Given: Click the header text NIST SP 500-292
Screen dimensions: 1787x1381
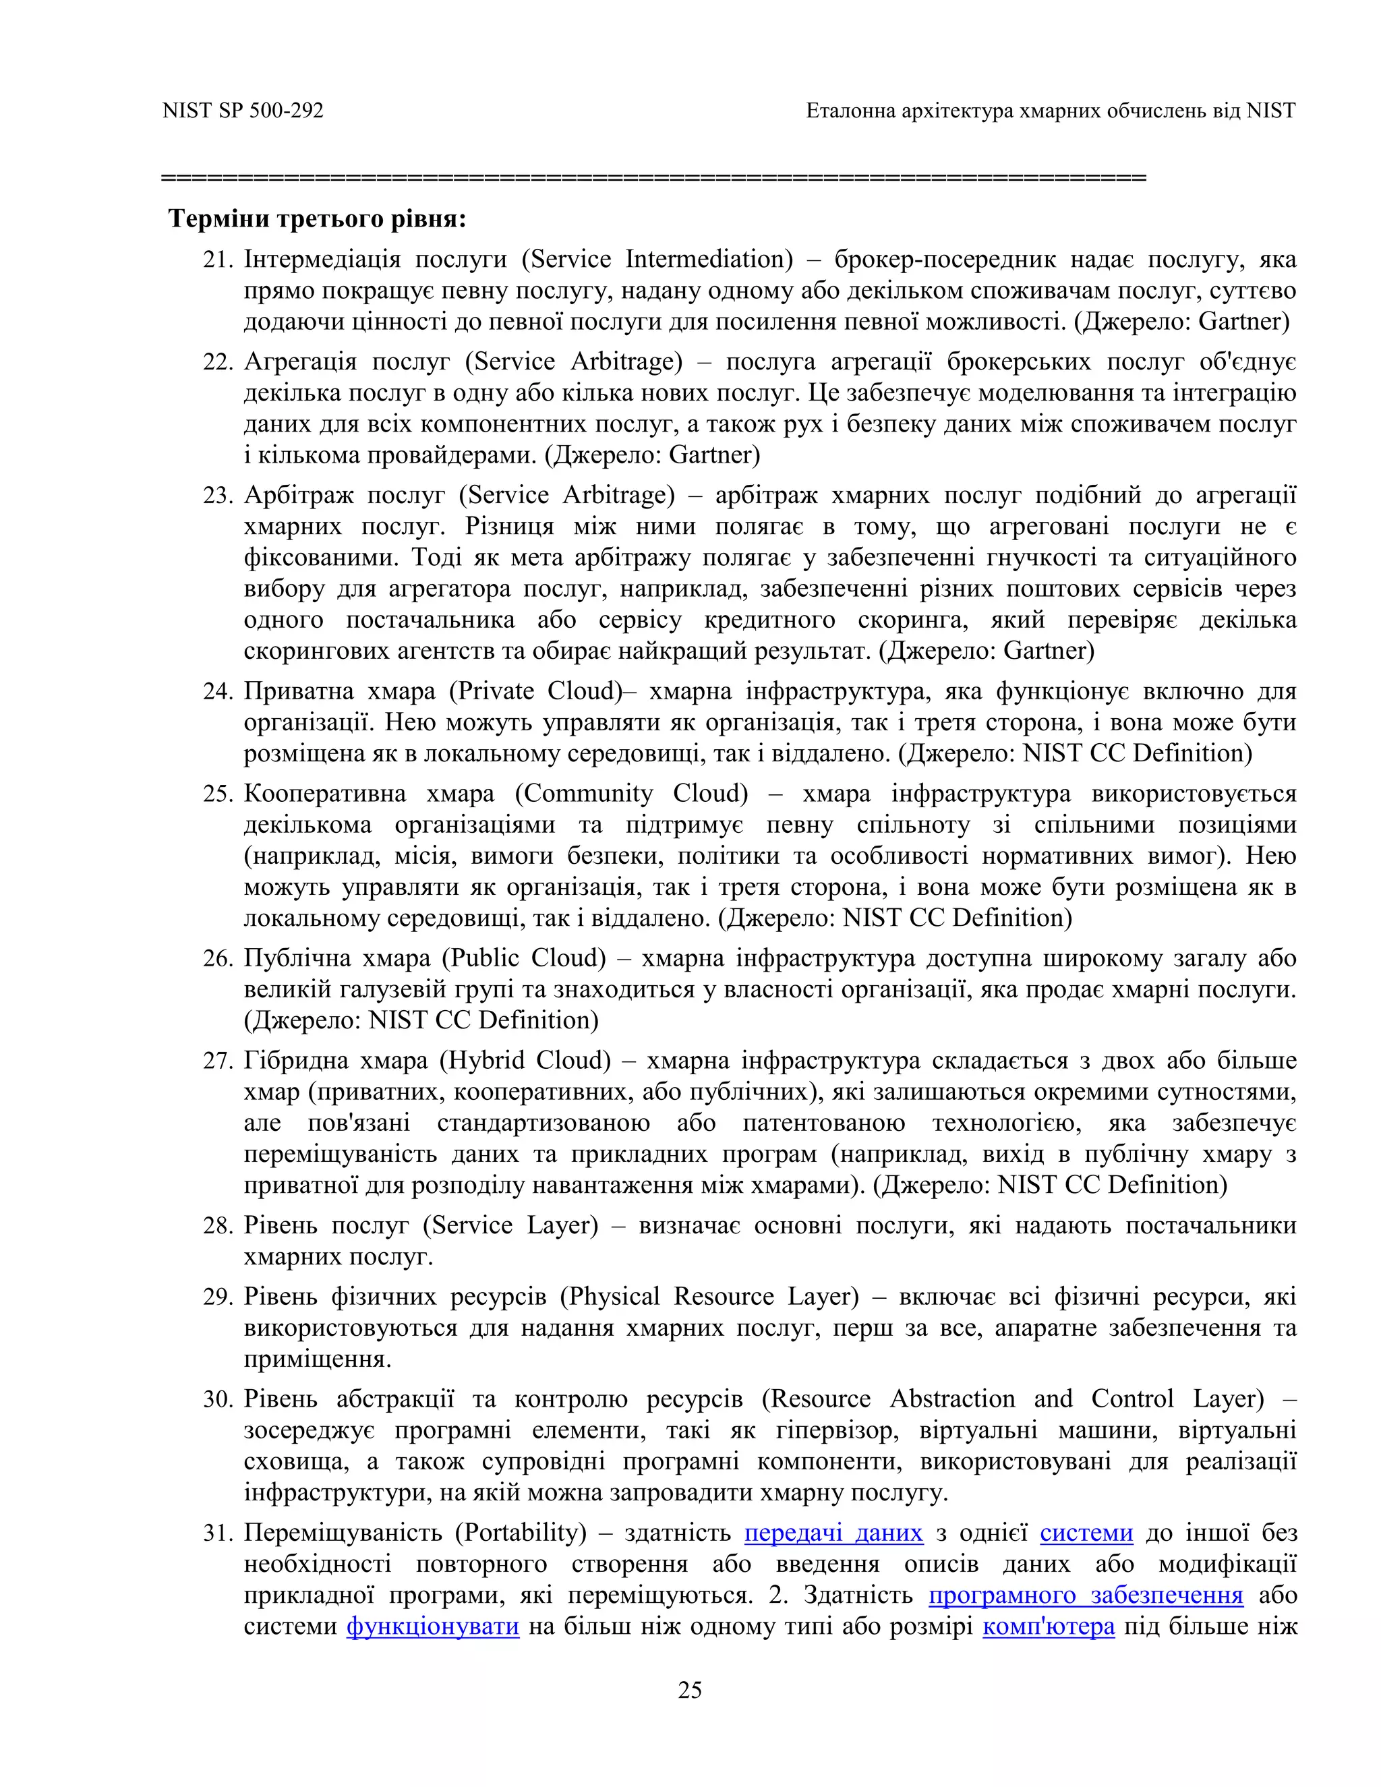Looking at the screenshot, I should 243,111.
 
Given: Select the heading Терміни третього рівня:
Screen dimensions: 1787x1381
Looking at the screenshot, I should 318,219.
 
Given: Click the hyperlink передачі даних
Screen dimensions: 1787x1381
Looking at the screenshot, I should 833,1533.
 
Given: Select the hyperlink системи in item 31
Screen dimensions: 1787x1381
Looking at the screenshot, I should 1086,1533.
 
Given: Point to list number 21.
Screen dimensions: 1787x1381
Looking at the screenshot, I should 218,260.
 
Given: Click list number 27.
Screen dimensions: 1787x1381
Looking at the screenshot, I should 218,1061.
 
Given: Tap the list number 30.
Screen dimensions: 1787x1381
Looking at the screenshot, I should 218,1399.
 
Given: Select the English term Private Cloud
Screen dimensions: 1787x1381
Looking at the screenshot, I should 536,691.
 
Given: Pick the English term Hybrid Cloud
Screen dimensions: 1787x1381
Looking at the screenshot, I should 525,1061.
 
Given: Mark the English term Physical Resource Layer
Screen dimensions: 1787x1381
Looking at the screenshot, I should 709,1297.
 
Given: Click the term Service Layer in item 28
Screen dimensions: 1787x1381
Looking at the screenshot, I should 510,1226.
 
